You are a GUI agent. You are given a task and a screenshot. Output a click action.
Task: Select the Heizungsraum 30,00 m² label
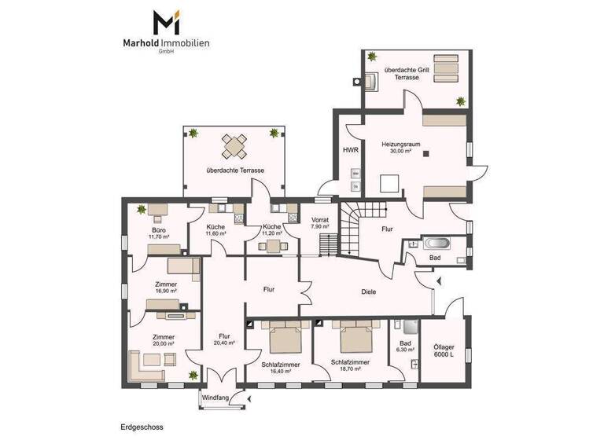click(401, 148)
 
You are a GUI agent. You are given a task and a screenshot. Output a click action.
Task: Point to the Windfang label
click(215, 398)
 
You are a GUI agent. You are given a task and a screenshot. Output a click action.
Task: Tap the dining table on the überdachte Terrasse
click(234, 146)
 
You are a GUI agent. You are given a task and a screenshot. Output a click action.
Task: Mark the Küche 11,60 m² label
click(215, 230)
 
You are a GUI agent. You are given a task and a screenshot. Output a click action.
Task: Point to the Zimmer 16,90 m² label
click(165, 287)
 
